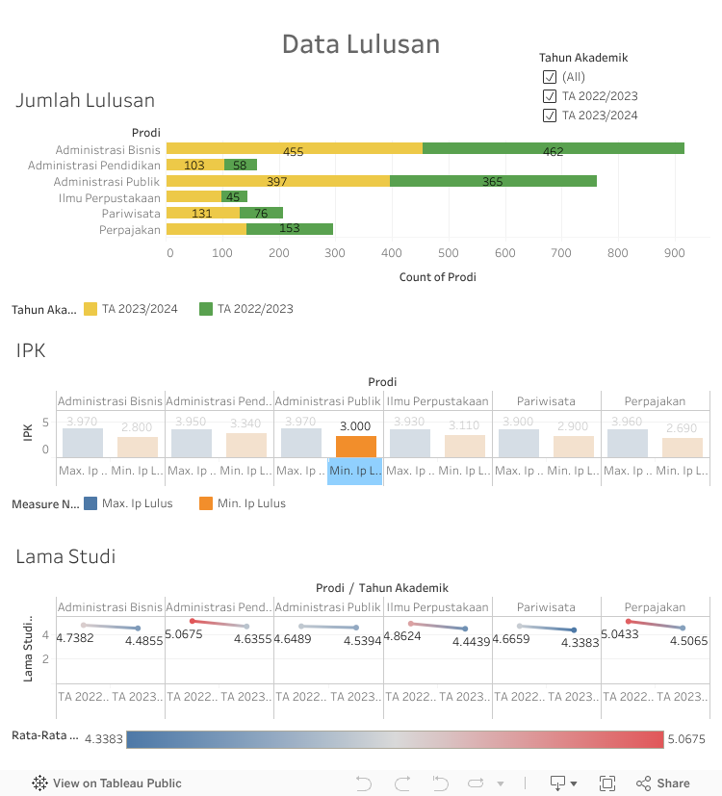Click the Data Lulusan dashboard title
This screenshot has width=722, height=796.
pyautogui.click(x=360, y=44)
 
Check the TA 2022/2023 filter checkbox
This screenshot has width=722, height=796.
pyautogui.click(x=550, y=96)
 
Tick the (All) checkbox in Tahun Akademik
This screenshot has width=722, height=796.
pyautogui.click(x=550, y=77)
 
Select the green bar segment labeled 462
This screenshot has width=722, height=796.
pyautogui.click(x=553, y=148)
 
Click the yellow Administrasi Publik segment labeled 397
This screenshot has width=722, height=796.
pyautogui.click(x=277, y=181)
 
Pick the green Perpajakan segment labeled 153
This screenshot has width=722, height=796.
pyautogui.click(x=289, y=229)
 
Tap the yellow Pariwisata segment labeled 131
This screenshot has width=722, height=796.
pyautogui.click(x=202, y=213)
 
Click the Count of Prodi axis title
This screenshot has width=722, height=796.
pyautogui.click(x=437, y=277)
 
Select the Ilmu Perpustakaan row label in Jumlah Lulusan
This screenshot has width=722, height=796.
pyautogui.click(x=109, y=197)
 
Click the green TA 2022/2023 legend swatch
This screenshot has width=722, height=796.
pyautogui.click(x=206, y=309)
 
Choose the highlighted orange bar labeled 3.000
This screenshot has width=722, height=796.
pyautogui.click(x=355, y=446)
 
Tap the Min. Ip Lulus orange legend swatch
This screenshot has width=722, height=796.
pyautogui.click(x=206, y=503)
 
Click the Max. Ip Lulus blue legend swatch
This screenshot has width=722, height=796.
pyautogui.click(x=90, y=503)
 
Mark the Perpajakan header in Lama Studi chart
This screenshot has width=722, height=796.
pyautogui.click(x=655, y=607)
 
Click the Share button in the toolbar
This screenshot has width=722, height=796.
pyautogui.click(x=663, y=783)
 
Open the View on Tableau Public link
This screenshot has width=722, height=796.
pyautogui.click(x=107, y=783)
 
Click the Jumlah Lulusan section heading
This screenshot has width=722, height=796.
pyautogui.click(x=85, y=100)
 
